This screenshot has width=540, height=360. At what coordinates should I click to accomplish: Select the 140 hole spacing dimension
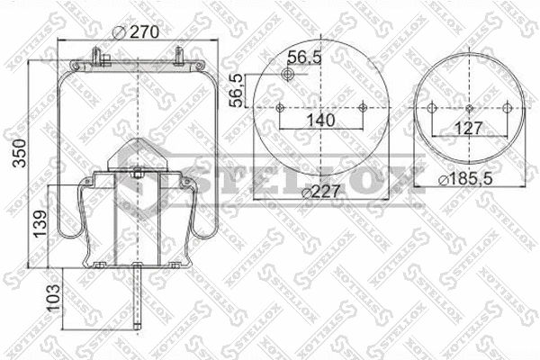[320, 120]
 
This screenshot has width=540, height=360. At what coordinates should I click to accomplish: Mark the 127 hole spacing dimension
[467, 128]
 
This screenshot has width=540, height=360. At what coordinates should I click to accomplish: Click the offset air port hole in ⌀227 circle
[289, 76]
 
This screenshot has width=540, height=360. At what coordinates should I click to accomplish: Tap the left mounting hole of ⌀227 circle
[280, 108]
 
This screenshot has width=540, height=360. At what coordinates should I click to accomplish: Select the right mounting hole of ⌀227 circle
[362, 108]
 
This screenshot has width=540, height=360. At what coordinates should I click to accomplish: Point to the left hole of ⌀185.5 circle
[432, 109]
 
